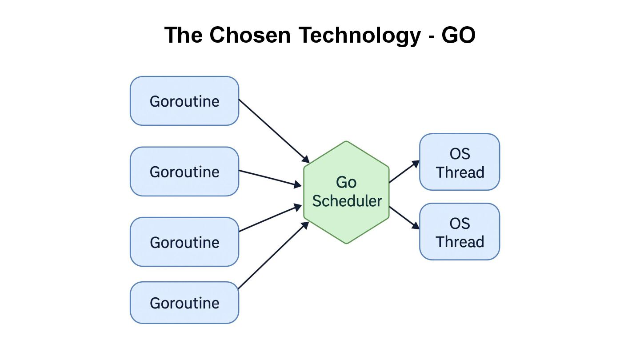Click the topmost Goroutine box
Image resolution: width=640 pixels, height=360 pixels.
pos(184,101)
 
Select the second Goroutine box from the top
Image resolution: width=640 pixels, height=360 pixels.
pos(184,172)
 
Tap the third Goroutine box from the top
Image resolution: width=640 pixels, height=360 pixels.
pos(184,242)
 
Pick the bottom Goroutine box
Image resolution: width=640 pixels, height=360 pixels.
pos(184,303)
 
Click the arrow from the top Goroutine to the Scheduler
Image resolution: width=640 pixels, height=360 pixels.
pos(274,131)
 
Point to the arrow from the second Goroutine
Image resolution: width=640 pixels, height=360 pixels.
pos(270,178)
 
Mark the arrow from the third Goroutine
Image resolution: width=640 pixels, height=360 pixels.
pos(270,218)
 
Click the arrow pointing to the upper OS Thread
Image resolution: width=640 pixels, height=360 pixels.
pos(404,172)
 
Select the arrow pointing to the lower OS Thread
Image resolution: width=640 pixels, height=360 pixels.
pos(404,218)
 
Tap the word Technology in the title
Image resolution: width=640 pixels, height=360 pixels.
pos(359,35)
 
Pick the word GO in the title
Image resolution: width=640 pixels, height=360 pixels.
pos(458,35)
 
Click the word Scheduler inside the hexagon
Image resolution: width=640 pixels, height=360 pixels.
pos(347,201)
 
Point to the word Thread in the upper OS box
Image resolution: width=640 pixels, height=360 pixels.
pos(460,172)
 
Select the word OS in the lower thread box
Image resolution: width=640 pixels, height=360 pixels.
pos(460,224)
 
